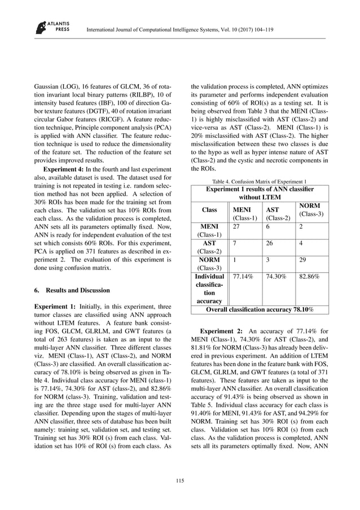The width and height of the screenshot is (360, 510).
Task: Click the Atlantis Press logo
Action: tap(49, 27)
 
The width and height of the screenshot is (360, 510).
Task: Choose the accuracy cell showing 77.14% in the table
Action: tap(243, 277)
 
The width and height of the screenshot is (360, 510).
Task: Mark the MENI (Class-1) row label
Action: tap(210, 230)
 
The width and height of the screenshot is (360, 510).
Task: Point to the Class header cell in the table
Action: tap(210, 210)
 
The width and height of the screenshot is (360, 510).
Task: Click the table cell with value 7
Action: tap(235, 242)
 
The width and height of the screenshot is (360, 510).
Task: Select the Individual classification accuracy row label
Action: tap(210, 289)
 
